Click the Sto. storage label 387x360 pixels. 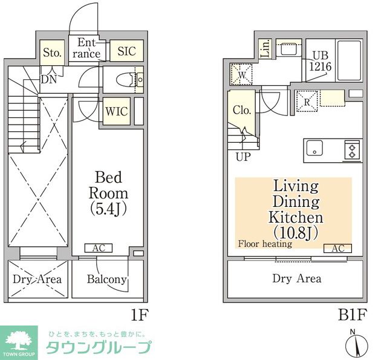click(52, 53)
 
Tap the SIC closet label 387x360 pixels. click(127, 51)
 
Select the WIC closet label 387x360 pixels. click(115, 111)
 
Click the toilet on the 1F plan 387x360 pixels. click(126, 79)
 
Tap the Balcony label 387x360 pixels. click(106, 279)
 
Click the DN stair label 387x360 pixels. click(48, 78)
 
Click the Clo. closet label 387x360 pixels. click(241, 110)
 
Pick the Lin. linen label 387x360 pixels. click(265, 49)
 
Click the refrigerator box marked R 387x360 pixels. click(307, 102)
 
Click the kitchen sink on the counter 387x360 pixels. click(315, 149)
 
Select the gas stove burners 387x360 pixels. click(353, 149)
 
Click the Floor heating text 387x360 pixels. click(265, 244)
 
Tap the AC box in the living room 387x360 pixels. click(337, 248)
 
